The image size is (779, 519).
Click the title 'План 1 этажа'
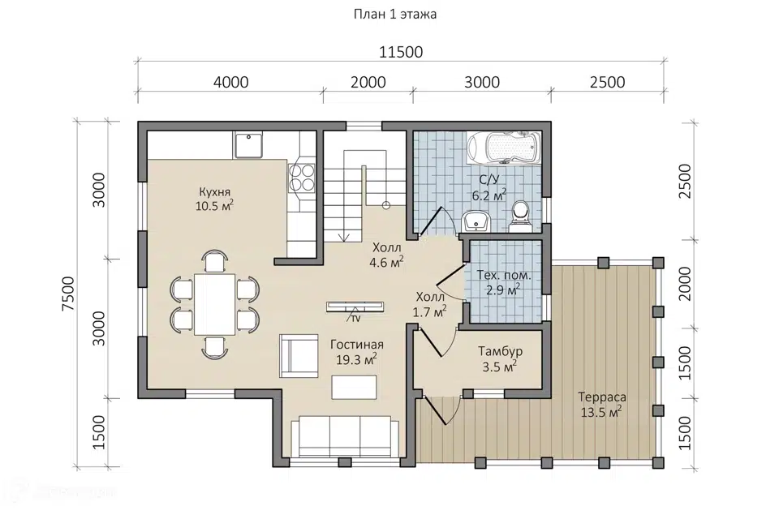point(395,15)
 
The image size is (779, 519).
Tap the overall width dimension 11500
point(401,52)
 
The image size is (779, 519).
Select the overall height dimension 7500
point(68,294)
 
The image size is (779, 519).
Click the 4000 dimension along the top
point(230,82)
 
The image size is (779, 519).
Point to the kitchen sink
point(249,145)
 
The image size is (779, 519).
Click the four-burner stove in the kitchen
point(302,178)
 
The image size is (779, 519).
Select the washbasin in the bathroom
point(476,221)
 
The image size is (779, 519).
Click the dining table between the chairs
point(214,304)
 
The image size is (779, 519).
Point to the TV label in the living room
point(355,319)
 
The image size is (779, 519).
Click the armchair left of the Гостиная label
point(299,356)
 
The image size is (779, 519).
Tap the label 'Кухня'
point(214,191)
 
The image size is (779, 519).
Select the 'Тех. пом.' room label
point(504,275)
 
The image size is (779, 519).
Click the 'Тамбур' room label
point(501,351)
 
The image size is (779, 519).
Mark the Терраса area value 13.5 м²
point(601,412)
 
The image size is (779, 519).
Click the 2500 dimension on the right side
point(685,181)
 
